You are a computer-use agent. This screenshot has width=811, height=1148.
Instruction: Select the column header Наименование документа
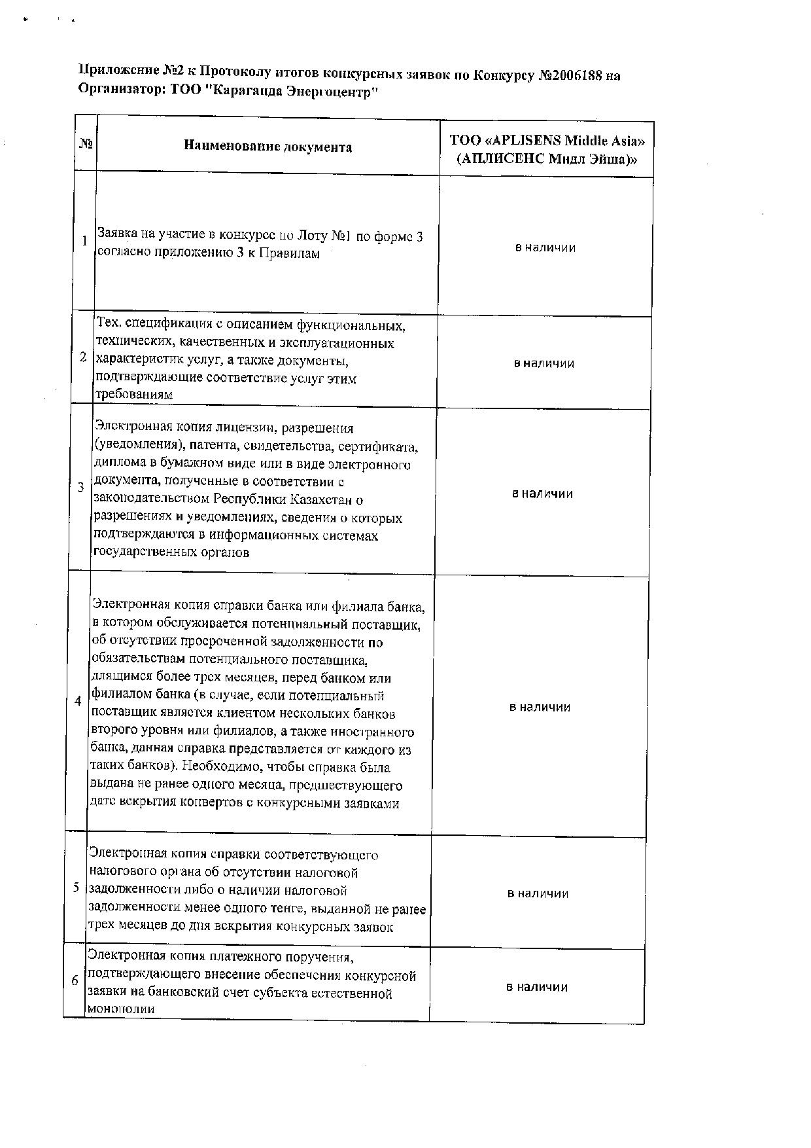tap(267, 147)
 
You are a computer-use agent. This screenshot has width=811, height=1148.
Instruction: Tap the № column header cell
tap(85, 143)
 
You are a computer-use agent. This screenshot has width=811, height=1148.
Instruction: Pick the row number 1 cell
tap(84, 241)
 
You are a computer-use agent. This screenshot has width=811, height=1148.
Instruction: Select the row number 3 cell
tap(81, 488)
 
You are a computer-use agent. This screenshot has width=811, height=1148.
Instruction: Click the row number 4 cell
tap(78, 701)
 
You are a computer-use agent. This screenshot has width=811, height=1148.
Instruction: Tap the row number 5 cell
tap(77, 888)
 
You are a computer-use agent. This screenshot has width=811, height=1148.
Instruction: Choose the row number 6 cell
tap(75, 980)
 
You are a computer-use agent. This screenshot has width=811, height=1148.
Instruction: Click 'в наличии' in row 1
tap(545, 247)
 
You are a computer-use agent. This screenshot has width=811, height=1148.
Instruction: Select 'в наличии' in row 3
tap(543, 493)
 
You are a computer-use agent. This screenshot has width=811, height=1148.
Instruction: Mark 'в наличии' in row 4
tap(540, 707)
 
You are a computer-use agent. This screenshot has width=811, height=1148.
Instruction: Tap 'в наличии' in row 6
tap(537, 987)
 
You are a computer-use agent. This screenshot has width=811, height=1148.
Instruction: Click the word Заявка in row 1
tap(117, 234)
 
